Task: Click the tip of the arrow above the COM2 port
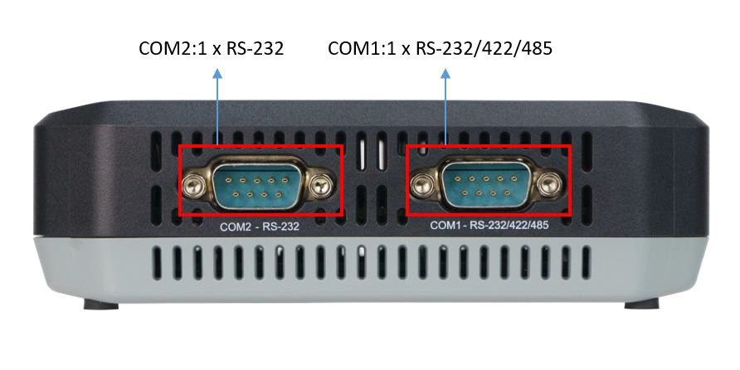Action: tap(217, 69)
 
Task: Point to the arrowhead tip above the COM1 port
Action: tap(445, 69)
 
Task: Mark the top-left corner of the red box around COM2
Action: tap(179, 146)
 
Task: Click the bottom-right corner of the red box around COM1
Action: tap(571, 216)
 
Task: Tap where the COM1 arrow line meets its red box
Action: tap(445, 145)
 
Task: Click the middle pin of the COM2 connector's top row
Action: tap(256, 180)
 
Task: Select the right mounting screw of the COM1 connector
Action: tap(548, 184)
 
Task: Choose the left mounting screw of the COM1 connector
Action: tap(421, 184)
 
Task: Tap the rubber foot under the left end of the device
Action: tap(101, 304)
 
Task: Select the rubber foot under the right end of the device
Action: tap(641, 304)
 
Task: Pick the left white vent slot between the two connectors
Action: tap(362, 150)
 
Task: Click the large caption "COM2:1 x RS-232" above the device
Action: tap(212, 48)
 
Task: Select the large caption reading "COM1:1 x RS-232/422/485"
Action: tap(440, 48)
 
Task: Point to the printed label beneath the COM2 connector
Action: tap(260, 226)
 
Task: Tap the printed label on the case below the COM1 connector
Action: tap(489, 226)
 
